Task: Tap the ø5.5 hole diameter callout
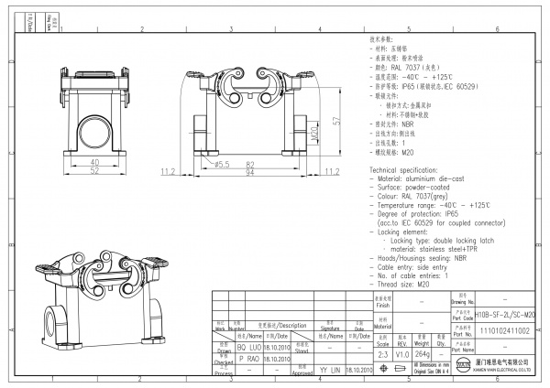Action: (x=222, y=164)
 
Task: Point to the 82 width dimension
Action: (x=249, y=164)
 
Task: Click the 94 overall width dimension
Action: (x=249, y=172)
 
